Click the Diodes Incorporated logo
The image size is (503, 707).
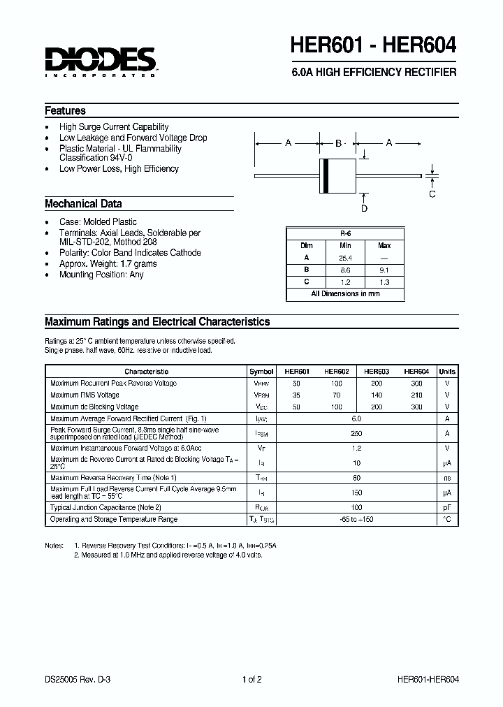101,61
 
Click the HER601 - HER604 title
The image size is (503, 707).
374,45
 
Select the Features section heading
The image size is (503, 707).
65,111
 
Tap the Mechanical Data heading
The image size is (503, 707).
83,204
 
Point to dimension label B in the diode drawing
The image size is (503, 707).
338,143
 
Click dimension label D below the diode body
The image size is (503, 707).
364,207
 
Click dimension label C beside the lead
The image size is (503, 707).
432,194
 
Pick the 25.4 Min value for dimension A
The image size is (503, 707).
345,258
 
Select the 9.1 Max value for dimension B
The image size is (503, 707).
384,270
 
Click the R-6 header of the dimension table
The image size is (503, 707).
345,233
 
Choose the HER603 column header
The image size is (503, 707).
377,372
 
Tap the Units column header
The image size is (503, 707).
447,372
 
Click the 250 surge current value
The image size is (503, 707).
356,433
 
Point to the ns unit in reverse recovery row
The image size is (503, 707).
447,478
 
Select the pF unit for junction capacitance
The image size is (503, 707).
447,507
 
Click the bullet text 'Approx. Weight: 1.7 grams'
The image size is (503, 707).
108,264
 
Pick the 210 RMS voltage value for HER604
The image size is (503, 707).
416,395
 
